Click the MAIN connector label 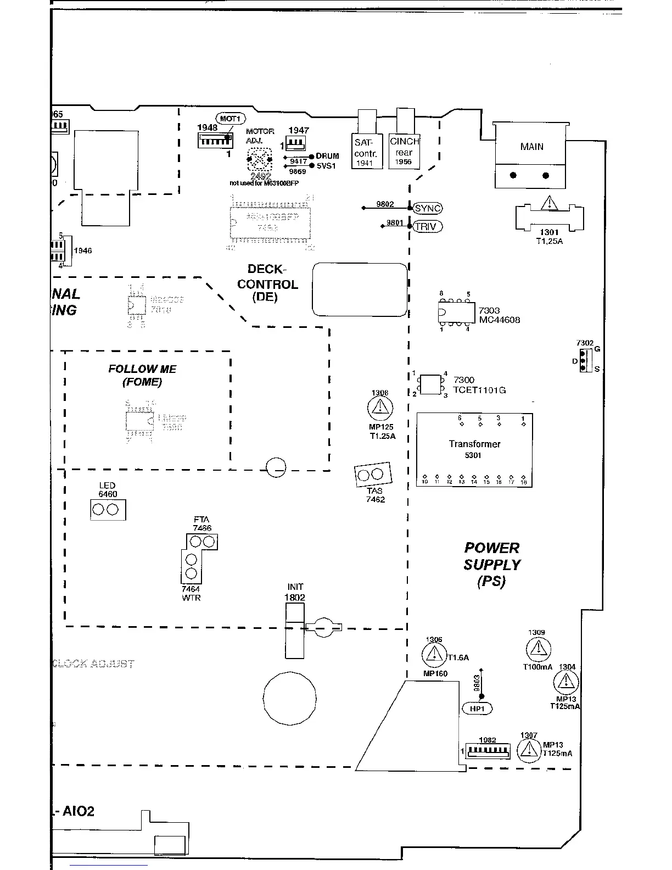tap(531, 147)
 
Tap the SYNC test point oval tap(428, 208)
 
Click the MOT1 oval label tap(230, 119)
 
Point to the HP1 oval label tap(478, 709)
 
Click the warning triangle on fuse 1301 tap(548, 204)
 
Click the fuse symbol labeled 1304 tap(565, 683)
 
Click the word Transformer tap(474, 444)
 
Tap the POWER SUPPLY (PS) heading tap(491, 564)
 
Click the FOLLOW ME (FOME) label tap(142, 375)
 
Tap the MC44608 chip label tap(499, 320)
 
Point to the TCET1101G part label tap(479, 390)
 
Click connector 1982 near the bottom tap(488, 750)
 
